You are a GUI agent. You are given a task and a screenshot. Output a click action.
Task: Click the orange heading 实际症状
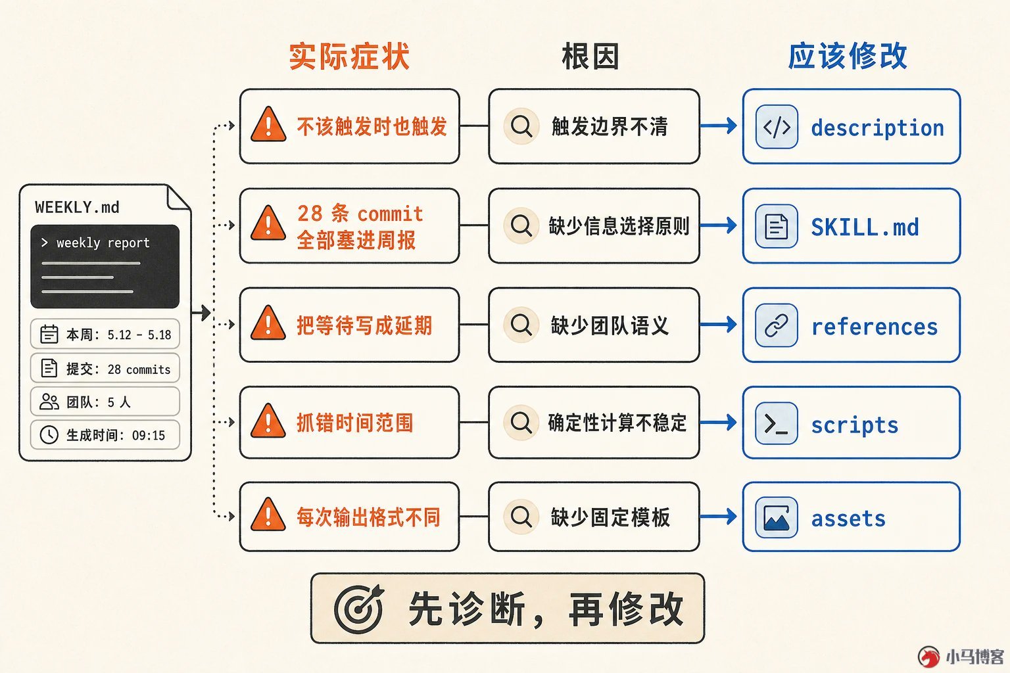pyautogui.click(x=349, y=57)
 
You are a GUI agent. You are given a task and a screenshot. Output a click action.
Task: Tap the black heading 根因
pyautogui.click(x=590, y=57)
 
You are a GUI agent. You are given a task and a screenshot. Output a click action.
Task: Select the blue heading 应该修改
pyautogui.click(x=848, y=57)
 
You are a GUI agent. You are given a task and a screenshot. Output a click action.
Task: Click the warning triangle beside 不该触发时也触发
pyautogui.click(x=268, y=125)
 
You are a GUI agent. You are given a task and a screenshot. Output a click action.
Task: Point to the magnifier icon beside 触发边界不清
pyautogui.click(x=521, y=126)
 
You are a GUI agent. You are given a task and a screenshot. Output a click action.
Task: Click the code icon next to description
pyautogui.click(x=777, y=127)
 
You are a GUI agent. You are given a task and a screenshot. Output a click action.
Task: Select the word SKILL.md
pyautogui.click(x=865, y=227)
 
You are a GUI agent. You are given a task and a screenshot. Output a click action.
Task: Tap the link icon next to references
pyautogui.click(x=777, y=325)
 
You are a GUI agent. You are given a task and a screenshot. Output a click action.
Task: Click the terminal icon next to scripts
pyautogui.click(x=777, y=423)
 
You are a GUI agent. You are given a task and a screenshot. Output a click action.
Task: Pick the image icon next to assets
pyautogui.click(x=777, y=517)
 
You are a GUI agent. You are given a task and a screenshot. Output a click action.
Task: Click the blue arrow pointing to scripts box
pyautogui.click(x=718, y=423)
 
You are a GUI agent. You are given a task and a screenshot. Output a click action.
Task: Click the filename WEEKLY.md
pyautogui.click(x=77, y=207)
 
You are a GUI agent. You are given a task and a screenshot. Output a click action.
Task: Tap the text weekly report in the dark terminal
pyautogui.click(x=103, y=243)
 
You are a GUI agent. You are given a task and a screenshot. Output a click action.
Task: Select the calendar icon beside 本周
pyautogui.click(x=49, y=334)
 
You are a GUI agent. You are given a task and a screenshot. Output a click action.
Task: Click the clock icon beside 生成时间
pyautogui.click(x=49, y=435)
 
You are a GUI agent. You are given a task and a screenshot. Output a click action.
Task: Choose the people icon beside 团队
pyautogui.click(x=49, y=401)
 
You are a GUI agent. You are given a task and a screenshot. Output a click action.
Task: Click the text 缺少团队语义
pyautogui.click(x=609, y=325)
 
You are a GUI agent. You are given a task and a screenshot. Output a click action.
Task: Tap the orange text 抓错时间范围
pyautogui.click(x=355, y=423)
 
